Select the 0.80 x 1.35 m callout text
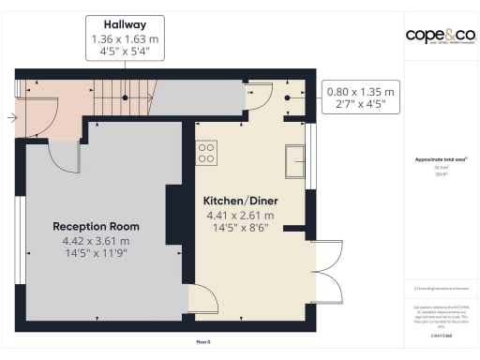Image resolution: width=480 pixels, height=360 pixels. pos(361,92)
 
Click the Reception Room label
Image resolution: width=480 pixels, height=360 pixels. pos(96,226)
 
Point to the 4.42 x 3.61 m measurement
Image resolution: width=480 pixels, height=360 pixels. pos(96,240)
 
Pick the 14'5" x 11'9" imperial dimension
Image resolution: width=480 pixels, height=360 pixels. pos(96,253)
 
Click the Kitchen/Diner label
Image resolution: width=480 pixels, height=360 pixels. pos(241,201)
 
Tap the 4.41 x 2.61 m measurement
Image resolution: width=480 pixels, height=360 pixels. pos(241,215)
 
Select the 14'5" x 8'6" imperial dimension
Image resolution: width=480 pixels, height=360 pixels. pos(241,228)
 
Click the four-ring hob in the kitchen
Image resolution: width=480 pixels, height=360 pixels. pos(206,153)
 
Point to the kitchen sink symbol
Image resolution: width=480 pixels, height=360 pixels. pos(295,160)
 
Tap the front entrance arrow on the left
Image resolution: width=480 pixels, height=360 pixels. pos(10,117)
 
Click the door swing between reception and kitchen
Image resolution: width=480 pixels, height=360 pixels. pos(204,299)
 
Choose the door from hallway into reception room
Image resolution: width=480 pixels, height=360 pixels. pos(64,154)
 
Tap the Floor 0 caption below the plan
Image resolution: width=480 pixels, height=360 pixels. pos(202,341)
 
